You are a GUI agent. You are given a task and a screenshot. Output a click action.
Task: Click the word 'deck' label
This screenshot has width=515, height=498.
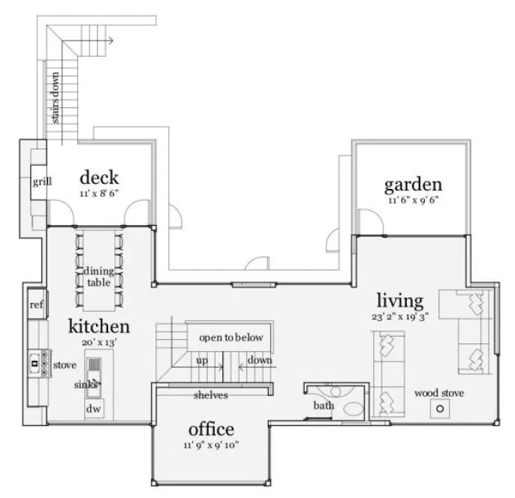tap(99, 178)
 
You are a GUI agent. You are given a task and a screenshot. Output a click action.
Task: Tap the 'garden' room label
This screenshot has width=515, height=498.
tap(412, 184)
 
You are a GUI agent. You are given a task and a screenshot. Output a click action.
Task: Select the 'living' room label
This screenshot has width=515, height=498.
tap(399, 301)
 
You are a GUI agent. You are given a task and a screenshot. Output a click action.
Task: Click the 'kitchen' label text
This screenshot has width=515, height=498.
tap(99, 326)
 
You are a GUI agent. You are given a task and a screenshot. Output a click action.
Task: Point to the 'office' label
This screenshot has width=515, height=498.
tap(211, 430)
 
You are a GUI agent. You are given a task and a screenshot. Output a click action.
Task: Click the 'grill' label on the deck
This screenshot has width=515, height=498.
tap(41, 182)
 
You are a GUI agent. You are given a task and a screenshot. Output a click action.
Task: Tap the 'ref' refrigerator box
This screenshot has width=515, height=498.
tap(36, 304)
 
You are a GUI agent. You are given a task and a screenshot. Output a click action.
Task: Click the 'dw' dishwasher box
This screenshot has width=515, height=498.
tap(93, 409)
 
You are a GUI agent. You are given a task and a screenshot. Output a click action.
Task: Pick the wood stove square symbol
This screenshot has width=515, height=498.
tap(440, 409)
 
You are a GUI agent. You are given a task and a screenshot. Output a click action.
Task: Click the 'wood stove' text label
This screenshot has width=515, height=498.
tap(439, 392)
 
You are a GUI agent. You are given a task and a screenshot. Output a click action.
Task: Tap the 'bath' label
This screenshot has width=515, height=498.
tap(324, 406)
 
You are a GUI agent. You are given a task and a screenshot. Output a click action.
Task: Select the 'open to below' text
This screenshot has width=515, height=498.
tap(230, 338)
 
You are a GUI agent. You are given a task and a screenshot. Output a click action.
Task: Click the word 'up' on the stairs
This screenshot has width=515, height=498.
tap(202, 361)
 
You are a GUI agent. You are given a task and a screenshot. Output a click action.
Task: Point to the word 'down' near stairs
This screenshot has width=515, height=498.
tap(260, 361)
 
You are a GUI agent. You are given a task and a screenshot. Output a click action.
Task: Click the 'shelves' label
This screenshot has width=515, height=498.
tap(211, 394)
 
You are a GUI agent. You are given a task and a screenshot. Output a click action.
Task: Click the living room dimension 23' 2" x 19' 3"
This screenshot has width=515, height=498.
tap(399, 317)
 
